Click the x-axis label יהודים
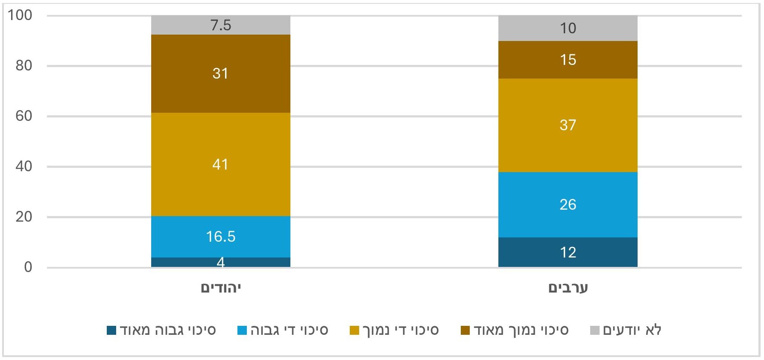(x=221, y=288)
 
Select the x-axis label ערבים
(x=568, y=288)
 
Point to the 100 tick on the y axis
(x=20, y=15)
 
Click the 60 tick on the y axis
(x=24, y=116)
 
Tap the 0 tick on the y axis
(x=28, y=267)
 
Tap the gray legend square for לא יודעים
(x=595, y=331)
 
